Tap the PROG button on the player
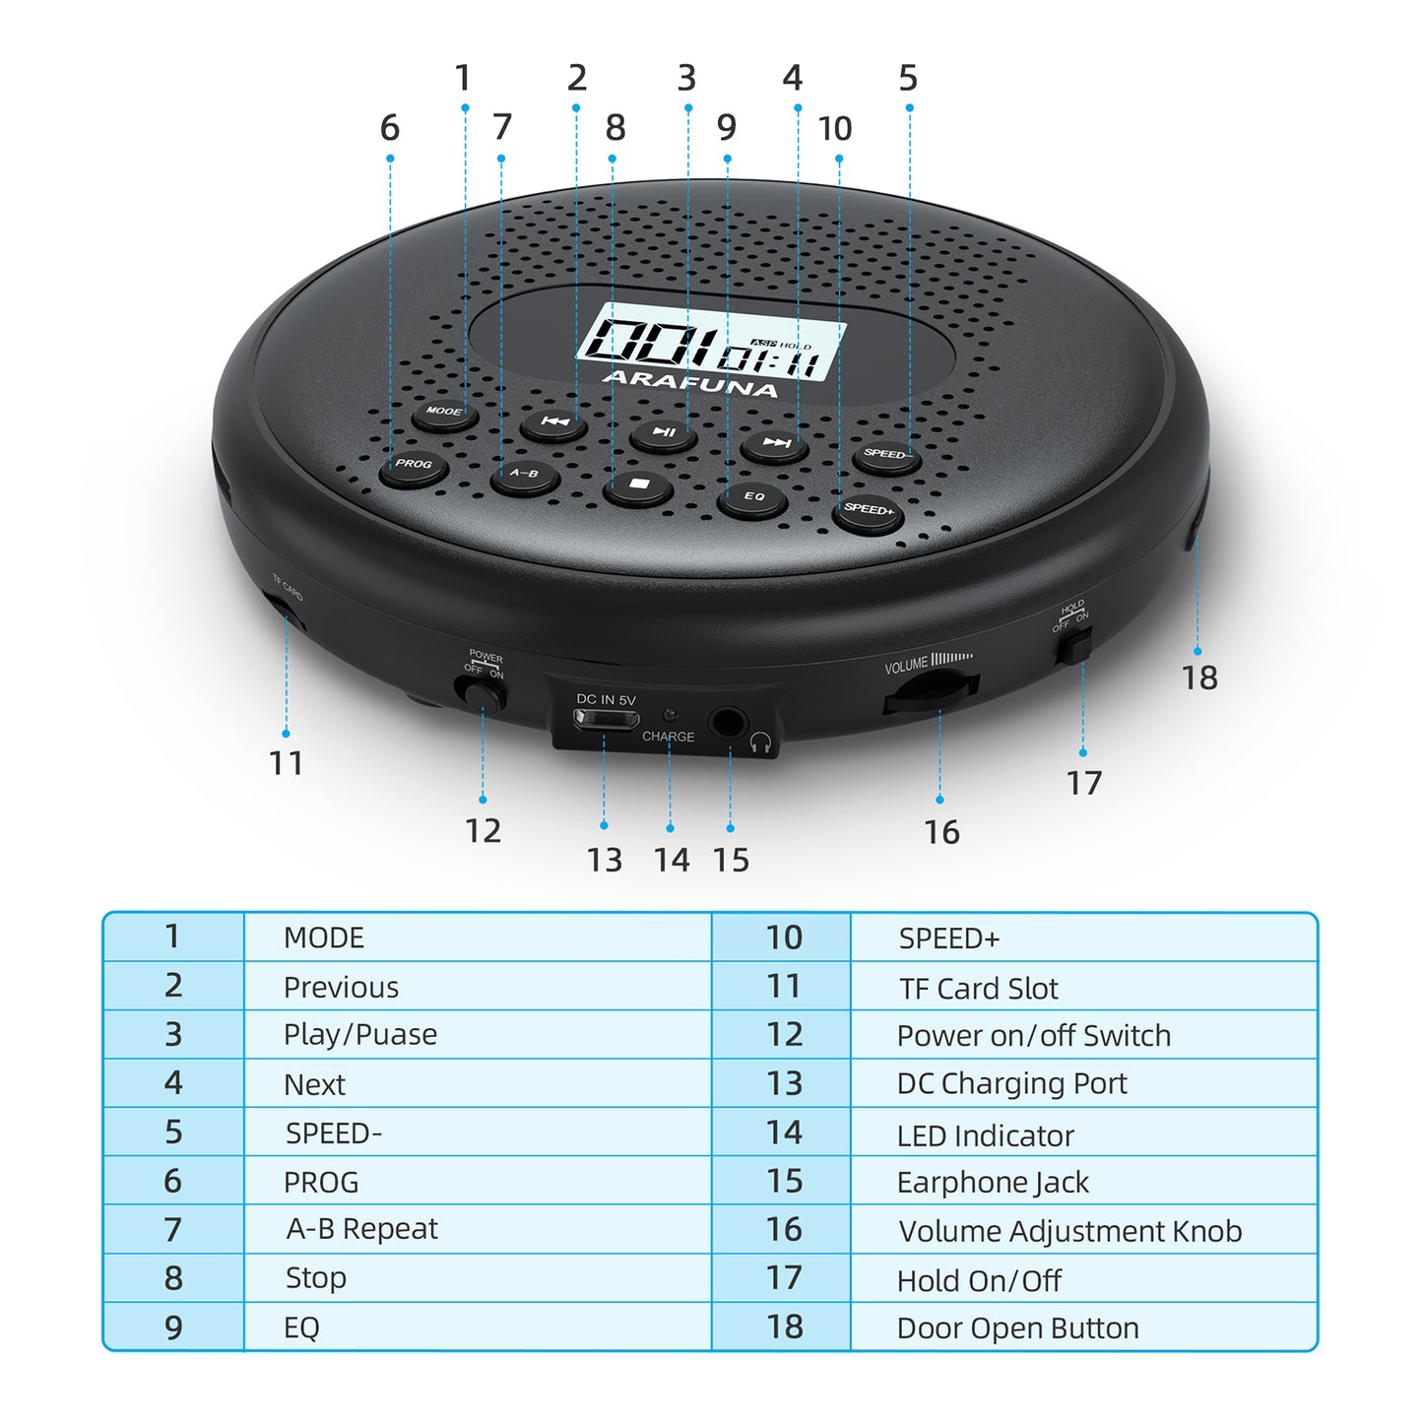414,468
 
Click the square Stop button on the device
638,486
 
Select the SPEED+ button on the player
869,512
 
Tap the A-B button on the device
524,477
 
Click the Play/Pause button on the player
664,434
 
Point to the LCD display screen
710,342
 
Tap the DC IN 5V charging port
606,719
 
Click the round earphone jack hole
728,722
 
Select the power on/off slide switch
481,695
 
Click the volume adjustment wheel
931,692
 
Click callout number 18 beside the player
1199,678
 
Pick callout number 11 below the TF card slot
286,763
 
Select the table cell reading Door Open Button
1084,1327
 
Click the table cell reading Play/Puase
477,1035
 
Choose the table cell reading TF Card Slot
1084,988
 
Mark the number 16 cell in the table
781,1230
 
